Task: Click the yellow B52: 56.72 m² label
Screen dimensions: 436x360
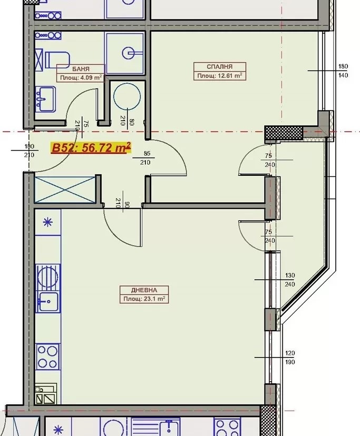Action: click(x=90, y=148)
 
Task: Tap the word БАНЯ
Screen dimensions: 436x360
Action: click(x=80, y=69)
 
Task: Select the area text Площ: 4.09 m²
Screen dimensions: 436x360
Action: click(x=80, y=77)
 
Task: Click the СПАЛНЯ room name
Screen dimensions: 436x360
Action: click(x=220, y=67)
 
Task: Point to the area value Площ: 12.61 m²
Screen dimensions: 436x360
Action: click(x=220, y=76)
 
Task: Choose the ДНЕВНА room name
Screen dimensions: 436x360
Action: click(x=144, y=290)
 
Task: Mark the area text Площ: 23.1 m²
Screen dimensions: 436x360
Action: click(x=144, y=299)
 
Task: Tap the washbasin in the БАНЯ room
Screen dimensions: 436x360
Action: click(x=45, y=98)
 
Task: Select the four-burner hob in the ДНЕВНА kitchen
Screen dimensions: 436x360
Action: click(x=47, y=357)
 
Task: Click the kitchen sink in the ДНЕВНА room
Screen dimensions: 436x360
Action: click(x=47, y=302)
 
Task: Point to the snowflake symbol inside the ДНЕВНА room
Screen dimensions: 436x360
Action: click(x=47, y=222)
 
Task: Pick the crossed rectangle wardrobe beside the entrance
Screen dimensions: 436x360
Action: click(x=64, y=189)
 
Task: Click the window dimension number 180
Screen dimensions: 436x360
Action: click(x=344, y=67)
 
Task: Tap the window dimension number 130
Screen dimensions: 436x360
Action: click(x=290, y=276)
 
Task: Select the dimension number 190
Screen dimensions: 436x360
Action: click(x=290, y=362)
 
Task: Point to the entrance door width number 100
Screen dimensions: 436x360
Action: click(x=29, y=146)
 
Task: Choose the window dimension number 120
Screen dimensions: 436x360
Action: click(x=290, y=353)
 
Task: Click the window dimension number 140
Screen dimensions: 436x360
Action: click(x=344, y=75)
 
